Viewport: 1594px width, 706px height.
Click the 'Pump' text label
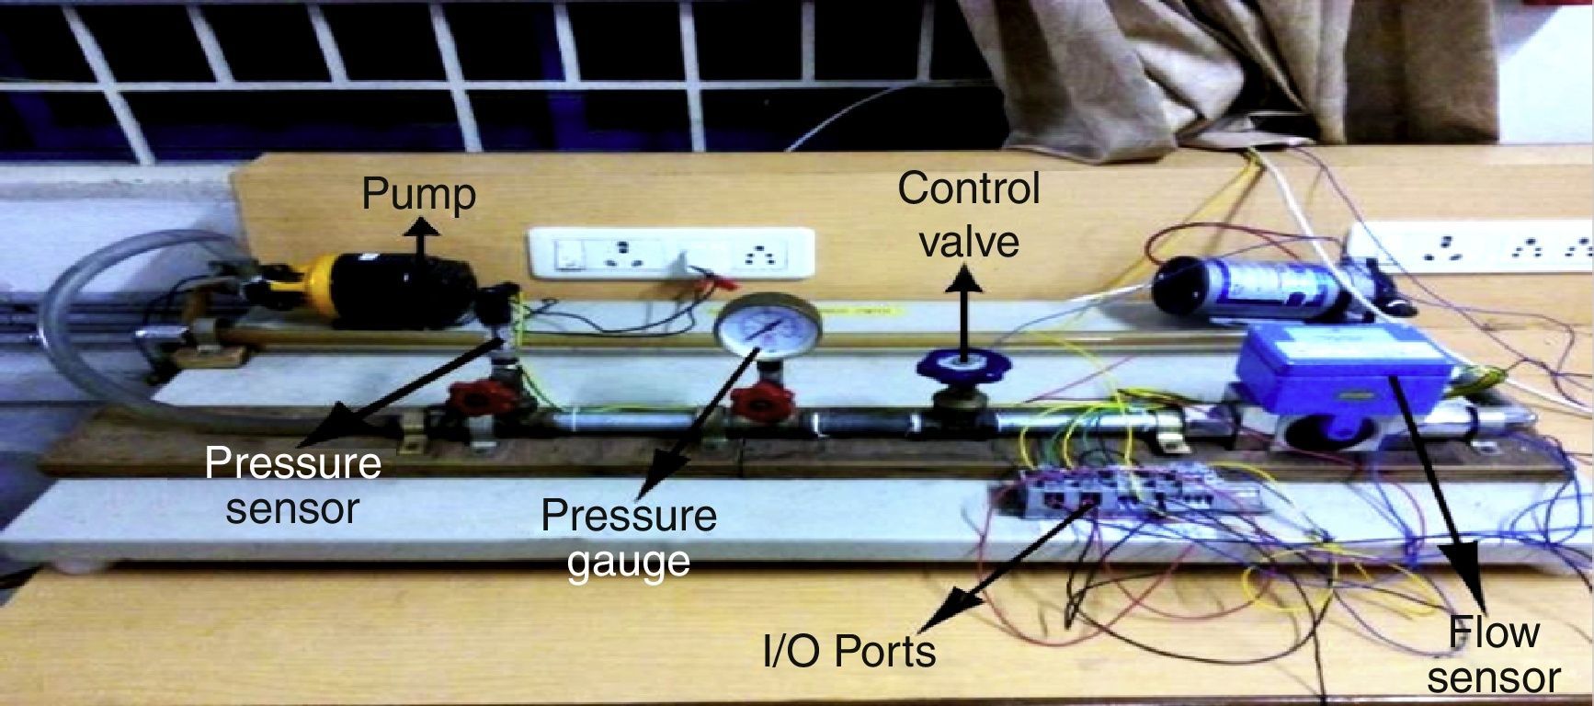419,195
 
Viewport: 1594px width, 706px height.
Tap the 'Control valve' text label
969,213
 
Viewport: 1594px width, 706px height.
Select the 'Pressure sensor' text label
292,484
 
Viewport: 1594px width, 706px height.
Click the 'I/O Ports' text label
849,651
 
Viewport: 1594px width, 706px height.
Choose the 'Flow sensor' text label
1493,655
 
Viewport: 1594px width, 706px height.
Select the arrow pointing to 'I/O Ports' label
1011,561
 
